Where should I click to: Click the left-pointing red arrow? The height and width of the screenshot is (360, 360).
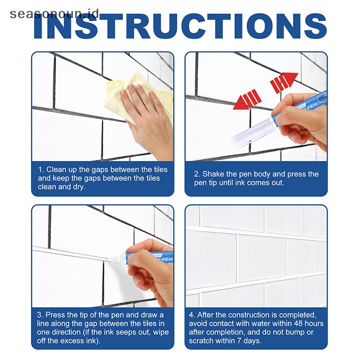click(x=247, y=99)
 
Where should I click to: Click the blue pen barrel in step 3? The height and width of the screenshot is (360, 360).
click(x=147, y=256)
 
